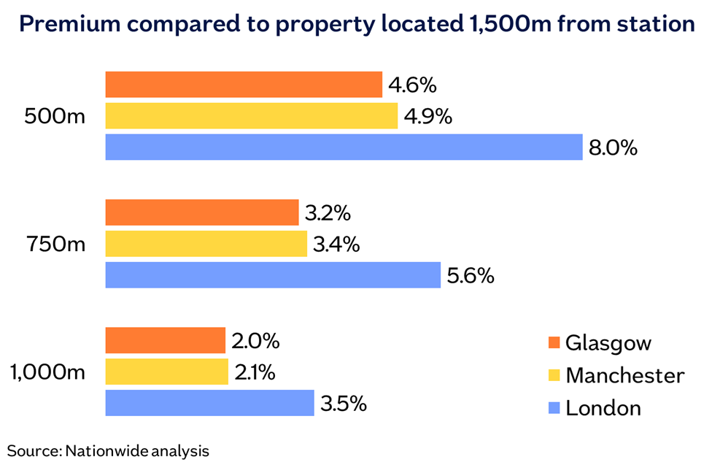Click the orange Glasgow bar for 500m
click(244, 85)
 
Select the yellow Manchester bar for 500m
click(252, 116)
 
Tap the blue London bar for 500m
click(344, 147)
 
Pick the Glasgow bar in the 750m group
click(202, 212)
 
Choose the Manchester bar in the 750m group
click(206, 244)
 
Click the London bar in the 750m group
click(273, 275)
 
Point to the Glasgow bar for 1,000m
click(166, 340)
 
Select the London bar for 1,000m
click(210, 402)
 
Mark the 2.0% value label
click(256, 341)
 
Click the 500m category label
click(55, 117)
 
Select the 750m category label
click(55, 244)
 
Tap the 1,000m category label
click(48, 372)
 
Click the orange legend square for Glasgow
click(554, 343)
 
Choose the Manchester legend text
click(625, 375)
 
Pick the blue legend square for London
click(554, 407)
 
